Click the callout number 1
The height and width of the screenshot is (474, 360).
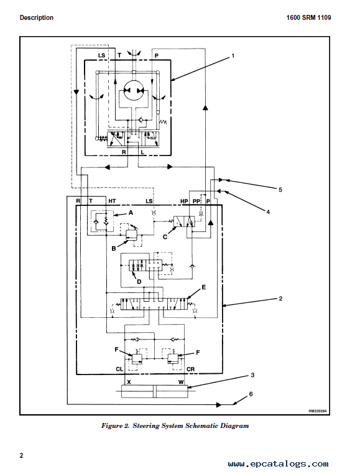233,56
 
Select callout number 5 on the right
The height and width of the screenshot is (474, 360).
280,190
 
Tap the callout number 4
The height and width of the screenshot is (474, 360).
268,212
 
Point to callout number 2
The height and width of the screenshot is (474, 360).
280,299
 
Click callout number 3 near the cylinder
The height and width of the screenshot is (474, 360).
252,375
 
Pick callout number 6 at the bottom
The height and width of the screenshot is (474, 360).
251,394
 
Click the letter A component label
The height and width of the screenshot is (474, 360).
131,213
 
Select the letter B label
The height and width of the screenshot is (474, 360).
114,248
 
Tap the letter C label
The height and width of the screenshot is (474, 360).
165,237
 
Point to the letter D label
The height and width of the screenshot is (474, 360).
139,282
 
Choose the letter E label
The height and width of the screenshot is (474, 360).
204,287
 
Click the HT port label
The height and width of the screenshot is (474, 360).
112,201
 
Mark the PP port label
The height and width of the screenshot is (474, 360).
196,201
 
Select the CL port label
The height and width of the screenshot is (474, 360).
119,369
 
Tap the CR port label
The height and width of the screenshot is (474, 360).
190,369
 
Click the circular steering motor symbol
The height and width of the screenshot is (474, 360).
134,91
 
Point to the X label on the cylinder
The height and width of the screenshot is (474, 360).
129,382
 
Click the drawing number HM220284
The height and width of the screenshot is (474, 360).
317,411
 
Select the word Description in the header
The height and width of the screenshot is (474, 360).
37,17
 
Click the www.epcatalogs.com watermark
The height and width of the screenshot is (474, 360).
278,463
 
